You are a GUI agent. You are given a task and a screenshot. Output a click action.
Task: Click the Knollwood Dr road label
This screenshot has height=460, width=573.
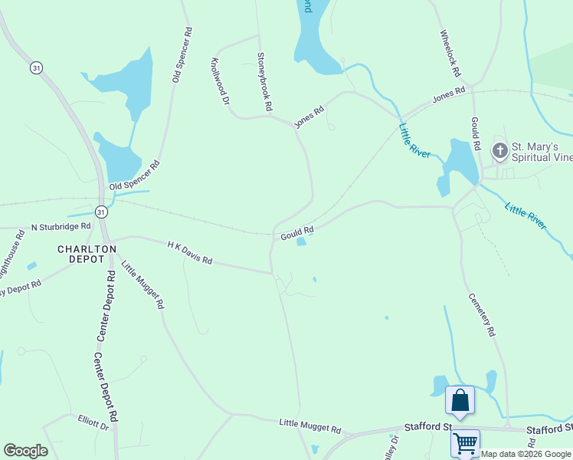[220, 81]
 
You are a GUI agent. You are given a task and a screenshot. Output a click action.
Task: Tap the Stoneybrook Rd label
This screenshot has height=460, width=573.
[264, 82]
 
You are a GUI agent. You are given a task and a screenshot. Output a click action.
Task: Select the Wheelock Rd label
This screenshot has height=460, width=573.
[450, 54]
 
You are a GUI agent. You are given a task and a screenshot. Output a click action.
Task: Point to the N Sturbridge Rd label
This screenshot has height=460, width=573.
[61, 227]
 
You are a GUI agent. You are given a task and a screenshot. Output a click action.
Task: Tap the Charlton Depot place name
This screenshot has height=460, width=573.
[87, 254]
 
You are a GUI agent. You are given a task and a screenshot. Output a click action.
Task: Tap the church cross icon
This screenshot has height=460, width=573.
[499, 150]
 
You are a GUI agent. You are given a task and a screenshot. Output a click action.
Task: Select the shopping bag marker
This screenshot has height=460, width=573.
[460, 399]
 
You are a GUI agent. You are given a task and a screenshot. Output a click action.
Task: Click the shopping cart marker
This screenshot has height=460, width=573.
[465, 442]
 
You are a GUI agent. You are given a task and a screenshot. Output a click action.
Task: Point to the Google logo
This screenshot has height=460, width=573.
[25, 451]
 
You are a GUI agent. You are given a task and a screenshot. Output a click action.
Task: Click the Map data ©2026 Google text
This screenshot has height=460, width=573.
[526, 454]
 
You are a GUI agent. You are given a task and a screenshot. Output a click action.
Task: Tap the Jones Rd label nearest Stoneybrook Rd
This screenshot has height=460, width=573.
[310, 117]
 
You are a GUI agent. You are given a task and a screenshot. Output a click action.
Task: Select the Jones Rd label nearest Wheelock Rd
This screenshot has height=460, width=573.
[449, 95]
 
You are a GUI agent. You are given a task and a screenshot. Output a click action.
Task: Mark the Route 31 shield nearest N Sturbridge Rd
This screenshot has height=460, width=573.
[101, 211]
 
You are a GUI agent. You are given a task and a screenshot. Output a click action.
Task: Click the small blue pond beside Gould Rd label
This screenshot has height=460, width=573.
[302, 242]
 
